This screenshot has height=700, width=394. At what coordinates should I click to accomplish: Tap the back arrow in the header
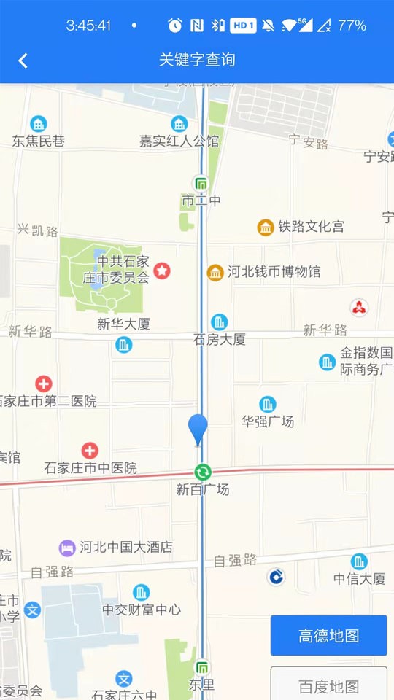tap(23, 61)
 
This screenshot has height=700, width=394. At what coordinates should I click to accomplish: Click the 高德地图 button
tap(328, 635)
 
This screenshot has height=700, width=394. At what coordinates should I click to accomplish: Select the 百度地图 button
tap(328, 685)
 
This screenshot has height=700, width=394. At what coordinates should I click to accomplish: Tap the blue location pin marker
tap(198, 428)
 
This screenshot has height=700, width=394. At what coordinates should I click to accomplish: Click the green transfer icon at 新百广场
tap(203, 472)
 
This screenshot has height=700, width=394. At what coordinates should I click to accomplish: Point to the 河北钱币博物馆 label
tap(274, 272)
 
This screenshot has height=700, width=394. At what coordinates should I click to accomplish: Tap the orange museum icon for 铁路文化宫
tap(266, 227)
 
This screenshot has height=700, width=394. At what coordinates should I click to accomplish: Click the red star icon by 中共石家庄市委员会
tap(162, 271)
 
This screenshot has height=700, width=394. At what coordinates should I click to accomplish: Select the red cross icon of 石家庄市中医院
tap(90, 451)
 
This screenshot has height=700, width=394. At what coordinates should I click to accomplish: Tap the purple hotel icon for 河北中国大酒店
tap(67, 547)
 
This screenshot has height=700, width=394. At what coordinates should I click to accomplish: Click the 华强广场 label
tap(268, 421)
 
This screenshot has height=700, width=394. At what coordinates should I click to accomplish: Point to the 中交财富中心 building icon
tap(142, 592)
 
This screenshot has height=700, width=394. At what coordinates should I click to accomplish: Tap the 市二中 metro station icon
tap(201, 183)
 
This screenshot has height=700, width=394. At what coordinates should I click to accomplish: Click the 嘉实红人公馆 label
tap(179, 141)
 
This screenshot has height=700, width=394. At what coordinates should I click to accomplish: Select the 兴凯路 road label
tap(38, 231)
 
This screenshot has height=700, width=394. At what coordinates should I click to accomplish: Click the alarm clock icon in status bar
tap(175, 26)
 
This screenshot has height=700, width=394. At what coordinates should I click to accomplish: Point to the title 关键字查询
tap(197, 60)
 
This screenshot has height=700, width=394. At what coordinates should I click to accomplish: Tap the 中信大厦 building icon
tap(359, 561)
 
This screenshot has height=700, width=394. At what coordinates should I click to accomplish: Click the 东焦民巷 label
tap(38, 141)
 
